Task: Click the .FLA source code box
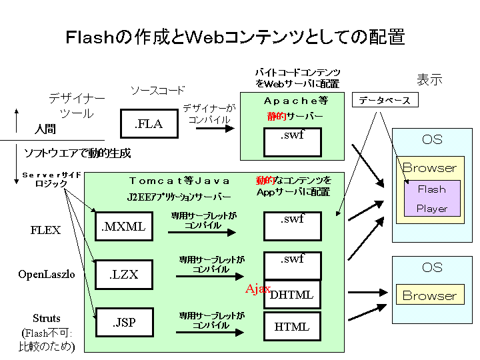coord(149,123)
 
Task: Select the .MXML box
coord(123,227)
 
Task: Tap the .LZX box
coord(123,273)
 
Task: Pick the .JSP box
coord(123,323)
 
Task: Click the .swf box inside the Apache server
coord(292,141)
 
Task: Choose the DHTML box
coord(293,295)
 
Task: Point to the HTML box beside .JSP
coord(292,326)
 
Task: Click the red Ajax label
coord(258,289)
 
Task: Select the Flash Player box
coord(431,199)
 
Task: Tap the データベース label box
coord(385,101)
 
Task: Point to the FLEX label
coord(45,230)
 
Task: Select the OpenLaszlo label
coord(45,274)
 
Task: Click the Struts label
coord(47,318)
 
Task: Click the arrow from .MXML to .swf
coord(201,233)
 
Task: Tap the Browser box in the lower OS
coord(429,295)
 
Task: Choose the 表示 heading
coord(429,80)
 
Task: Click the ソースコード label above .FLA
coord(157,91)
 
